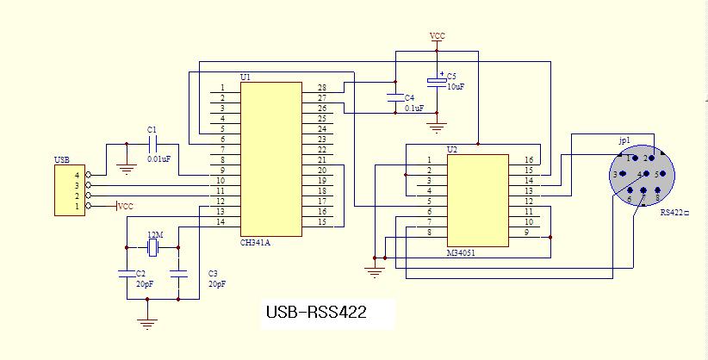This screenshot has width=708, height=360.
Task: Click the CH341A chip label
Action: click(256, 243)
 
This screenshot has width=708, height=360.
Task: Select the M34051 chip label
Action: click(463, 253)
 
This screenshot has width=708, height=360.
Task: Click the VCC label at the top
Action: click(438, 36)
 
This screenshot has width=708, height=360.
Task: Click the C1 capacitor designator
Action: click(152, 130)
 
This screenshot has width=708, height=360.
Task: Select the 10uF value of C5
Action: click(456, 87)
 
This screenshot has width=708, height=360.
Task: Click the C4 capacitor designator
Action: click(409, 98)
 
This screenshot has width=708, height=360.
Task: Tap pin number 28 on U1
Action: click(321, 88)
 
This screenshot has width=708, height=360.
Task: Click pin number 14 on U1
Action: click(220, 222)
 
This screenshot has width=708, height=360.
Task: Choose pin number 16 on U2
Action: click(528, 160)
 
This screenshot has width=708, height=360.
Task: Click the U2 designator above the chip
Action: click(452, 150)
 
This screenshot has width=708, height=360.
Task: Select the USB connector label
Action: click(61, 159)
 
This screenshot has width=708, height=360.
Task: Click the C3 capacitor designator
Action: click(213, 274)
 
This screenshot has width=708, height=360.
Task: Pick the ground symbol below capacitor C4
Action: click(437, 128)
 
